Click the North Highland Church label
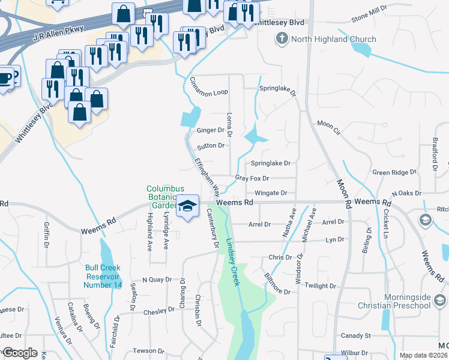(334, 40)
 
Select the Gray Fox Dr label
(252, 178)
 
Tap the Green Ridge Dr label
(394, 172)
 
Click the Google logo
(20, 353)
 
